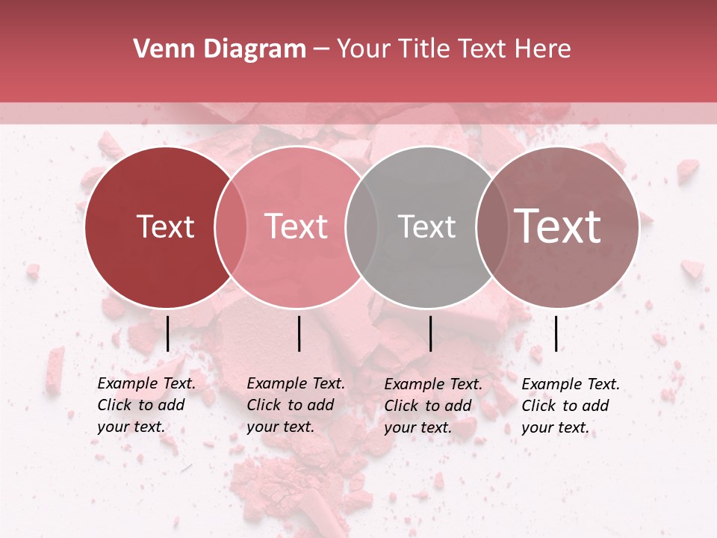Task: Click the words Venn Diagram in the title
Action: click(219, 49)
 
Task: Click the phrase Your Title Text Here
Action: click(453, 49)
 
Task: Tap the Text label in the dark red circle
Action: click(165, 227)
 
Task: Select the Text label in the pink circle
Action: click(297, 227)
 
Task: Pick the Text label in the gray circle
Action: click(426, 227)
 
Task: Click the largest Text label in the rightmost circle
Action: click(557, 226)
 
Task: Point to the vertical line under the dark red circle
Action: click(167, 333)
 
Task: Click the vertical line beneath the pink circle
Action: click(299, 333)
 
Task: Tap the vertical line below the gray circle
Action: click(430, 333)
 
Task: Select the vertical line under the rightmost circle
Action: click(556, 333)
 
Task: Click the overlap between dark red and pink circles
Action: click(231, 227)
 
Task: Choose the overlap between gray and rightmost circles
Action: click(490, 227)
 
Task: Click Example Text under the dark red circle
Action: click(146, 383)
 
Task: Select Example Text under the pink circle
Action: click(296, 383)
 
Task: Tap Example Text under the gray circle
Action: click(433, 384)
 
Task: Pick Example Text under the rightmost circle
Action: click(571, 384)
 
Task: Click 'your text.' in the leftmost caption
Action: click(131, 427)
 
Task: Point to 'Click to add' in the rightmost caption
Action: click(565, 406)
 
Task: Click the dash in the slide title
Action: click(321, 50)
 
